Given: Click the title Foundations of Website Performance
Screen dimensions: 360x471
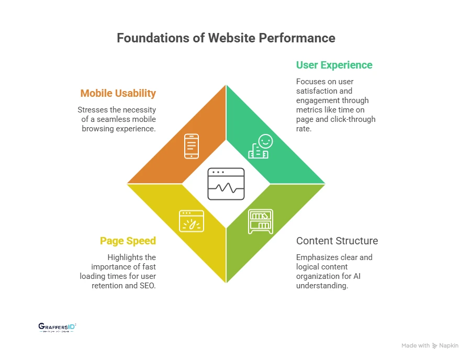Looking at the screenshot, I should pos(226,38).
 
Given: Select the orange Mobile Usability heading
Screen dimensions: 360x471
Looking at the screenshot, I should pos(118,93).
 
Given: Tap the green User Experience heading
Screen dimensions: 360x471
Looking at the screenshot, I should pos(334,65).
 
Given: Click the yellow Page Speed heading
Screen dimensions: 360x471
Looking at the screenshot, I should pos(128,241).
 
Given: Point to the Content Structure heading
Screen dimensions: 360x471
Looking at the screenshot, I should pos(337,241).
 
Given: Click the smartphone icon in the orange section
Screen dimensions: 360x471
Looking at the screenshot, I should pos(191,146).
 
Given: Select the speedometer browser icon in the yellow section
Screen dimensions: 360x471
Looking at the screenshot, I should pos(191,221).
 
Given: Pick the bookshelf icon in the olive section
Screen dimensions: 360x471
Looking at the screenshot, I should pos(260,221).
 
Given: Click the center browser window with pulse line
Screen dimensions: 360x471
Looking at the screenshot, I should pos(226,184).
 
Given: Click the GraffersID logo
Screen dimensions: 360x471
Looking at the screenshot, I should pos(58,328).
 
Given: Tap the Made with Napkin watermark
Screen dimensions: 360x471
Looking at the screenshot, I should pos(430,345).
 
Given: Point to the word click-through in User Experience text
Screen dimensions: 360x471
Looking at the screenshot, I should pos(354,119).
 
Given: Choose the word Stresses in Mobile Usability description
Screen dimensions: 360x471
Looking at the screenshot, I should pos(92,110).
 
